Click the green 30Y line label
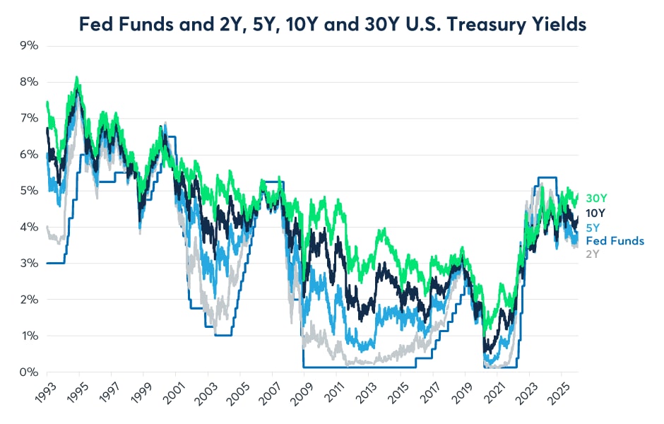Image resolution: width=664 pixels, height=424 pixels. pos(597,198)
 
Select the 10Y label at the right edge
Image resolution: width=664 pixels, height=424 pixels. pos(597,213)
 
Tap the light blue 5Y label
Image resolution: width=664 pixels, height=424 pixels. pos(594,228)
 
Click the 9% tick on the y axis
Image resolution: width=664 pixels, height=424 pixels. pos(28,45)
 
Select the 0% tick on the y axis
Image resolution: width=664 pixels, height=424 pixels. pos(28,372)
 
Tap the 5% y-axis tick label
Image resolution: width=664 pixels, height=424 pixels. pos(28,190)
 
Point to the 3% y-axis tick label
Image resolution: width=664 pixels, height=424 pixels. pos(28,263)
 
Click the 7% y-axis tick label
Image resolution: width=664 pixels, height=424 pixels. pos(28,118)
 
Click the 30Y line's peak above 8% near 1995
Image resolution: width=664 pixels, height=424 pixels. pos(77,77)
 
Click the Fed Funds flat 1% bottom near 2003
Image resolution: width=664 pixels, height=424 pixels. pos(223,335)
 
